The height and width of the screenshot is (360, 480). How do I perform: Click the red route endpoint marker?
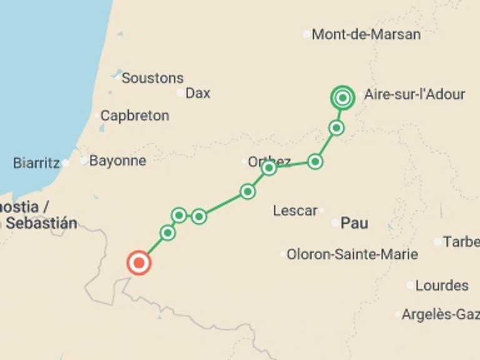pos(139,263)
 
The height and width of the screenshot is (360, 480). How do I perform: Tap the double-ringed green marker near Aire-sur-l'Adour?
pos(342,97)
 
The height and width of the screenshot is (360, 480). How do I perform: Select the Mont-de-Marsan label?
pos(366,34)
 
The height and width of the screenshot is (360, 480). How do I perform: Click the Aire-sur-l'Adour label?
pos(414,94)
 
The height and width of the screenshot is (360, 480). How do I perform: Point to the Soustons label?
pos(152,78)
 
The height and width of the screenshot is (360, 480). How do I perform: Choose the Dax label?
pos(198,93)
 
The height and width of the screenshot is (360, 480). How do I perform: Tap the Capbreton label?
pos(134,116)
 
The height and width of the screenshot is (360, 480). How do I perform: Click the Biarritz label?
pos(36,163)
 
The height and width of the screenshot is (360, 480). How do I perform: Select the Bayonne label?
pos(117,161)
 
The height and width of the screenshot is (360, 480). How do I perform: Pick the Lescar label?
pos(295,211)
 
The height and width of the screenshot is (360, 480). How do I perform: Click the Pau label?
pos(354,223)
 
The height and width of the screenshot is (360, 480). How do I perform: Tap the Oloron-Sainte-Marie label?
pos(352,255)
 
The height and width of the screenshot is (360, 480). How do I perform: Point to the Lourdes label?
pos(442,286)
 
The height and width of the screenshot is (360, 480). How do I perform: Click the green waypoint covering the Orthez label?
pos(269,167)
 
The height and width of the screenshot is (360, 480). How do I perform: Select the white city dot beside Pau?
pos(336,222)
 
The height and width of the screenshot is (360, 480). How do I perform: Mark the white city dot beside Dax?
pos(181,93)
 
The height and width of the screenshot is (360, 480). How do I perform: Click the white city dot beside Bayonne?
pos(84,161)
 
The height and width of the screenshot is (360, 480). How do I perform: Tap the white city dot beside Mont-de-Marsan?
pos(306,34)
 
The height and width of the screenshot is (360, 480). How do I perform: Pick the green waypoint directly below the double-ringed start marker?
pos(337,128)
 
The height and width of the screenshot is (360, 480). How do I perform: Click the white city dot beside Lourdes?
pos(410,286)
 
